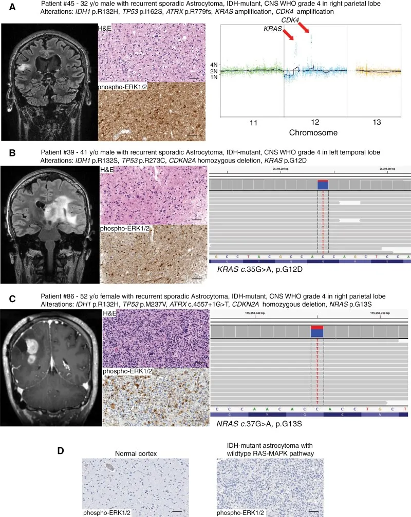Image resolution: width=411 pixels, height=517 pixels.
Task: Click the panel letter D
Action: pos(61,451)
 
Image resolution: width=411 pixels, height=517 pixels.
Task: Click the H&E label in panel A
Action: pos(105,28)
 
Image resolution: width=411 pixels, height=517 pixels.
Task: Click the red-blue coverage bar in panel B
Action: pos(323,185)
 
